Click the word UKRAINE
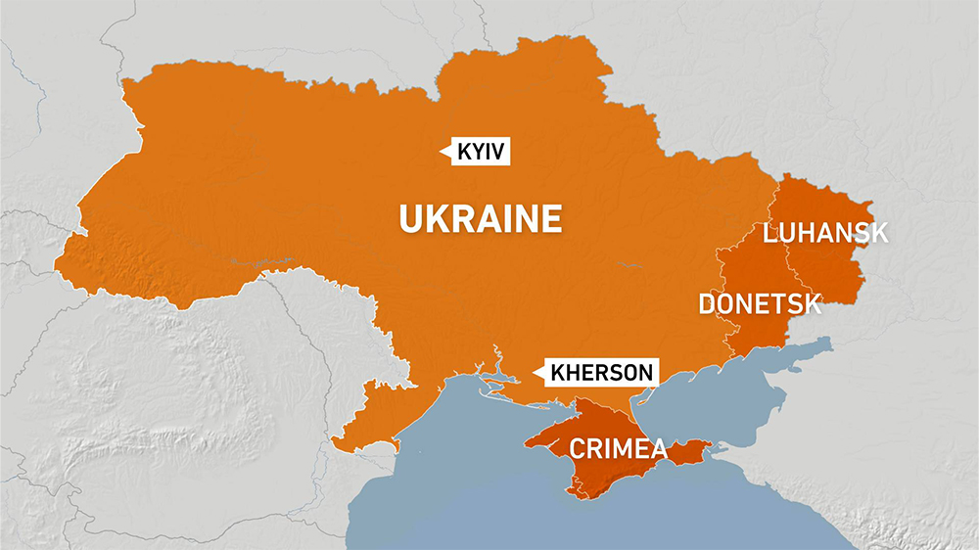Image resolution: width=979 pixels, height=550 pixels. point(481,218)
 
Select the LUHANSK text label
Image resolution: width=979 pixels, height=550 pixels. point(825,232)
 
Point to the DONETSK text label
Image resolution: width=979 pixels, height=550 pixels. point(760,303)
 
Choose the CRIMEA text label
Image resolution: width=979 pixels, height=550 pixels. point(618,449)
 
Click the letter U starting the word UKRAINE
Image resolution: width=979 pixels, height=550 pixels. point(410,218)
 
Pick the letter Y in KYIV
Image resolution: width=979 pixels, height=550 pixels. point(480,152)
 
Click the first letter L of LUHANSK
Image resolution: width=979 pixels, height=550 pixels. point(769,232)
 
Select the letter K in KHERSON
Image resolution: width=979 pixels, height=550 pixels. point(558,373)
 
